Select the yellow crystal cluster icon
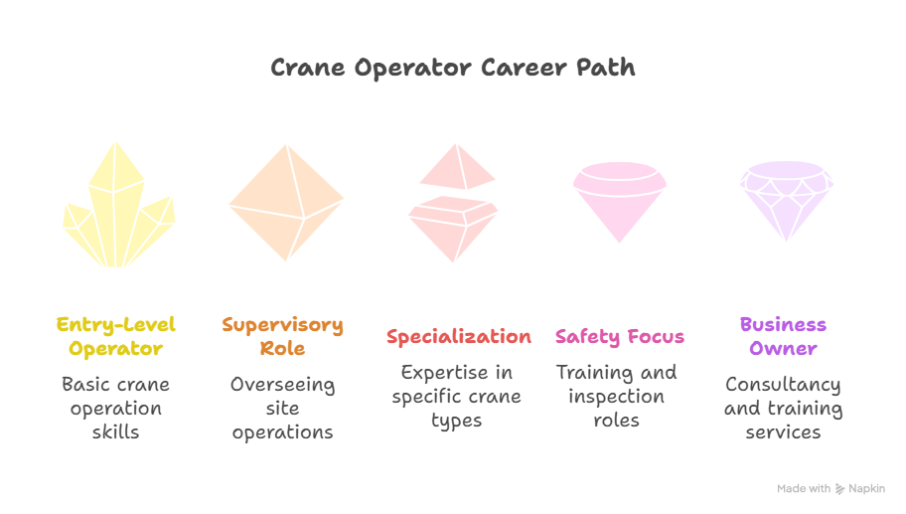point(118,205)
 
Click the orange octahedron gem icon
point(286,203)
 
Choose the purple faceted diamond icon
point(787,201)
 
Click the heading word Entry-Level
point(115,325)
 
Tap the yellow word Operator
point(115,349)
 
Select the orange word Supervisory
point(282,325)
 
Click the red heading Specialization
point(459,336)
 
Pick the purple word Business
point(783,324)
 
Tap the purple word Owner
point(783,348)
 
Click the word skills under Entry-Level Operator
point(115,431)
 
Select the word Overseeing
point(282,385)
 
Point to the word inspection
point(616,397)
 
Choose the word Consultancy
point(783,385)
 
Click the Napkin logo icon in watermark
point(840,489)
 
